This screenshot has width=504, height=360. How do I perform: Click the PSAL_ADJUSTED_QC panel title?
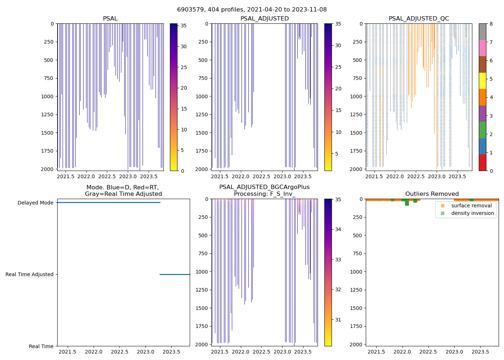coord(419,19)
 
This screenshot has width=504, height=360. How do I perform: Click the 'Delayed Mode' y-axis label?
coord(35,203)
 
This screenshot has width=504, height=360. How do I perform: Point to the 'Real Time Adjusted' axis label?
coord(29,274)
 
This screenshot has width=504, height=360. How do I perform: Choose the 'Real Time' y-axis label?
coord(41,346)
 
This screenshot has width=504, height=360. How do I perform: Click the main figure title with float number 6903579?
coord(252,10)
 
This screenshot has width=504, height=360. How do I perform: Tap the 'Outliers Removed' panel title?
coord(432,194)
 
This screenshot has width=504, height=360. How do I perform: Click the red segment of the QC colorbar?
coord(482,163)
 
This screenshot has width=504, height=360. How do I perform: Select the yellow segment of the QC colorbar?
coord(482,81)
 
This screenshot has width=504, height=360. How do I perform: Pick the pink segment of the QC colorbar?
coord(482,48)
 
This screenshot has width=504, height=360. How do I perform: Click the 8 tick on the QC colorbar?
coord(491,24)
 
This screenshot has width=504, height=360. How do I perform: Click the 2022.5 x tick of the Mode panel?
coord(120,352)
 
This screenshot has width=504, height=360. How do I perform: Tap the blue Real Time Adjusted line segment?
coord(175,274)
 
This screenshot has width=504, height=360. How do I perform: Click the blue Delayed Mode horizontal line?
coord(108,202)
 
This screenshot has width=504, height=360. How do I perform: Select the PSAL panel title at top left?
coord(110,19)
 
